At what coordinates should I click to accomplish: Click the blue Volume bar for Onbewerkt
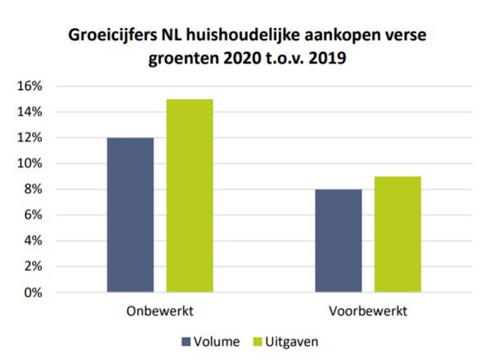(130, 215)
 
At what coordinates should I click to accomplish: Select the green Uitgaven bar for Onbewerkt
(189, 196)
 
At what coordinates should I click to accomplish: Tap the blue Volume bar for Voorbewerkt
(338, 240)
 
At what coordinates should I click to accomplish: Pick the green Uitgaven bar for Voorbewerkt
(398, 234)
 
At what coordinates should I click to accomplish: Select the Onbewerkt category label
(160, 314)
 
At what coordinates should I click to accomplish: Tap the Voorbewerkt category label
(368, 314)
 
